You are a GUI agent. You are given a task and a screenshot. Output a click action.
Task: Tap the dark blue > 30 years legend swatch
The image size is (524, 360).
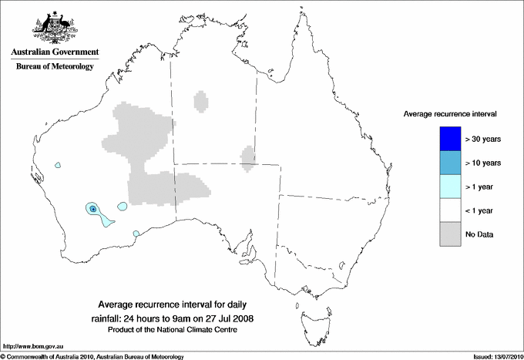[x=450, y=138]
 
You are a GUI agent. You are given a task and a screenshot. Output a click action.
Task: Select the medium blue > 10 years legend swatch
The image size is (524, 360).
[x=450, y=162]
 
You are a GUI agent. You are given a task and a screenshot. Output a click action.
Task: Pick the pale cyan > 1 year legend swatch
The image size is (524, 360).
[x=450, y=186]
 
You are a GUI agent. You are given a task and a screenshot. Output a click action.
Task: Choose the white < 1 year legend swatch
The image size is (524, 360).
[x=450, y=210]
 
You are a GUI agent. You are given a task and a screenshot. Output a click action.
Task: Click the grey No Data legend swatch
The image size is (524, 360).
[x=450, y=234]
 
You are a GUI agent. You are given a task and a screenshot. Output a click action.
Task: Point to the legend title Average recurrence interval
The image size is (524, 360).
[x=450, y=113]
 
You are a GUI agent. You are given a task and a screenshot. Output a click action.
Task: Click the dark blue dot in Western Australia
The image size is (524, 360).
[x=92, y=208]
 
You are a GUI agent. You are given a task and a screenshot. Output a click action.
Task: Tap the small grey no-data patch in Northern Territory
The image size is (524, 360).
[x=200, y=101]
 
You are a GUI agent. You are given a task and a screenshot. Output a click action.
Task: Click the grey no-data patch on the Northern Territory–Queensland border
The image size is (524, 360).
[x=248, y=157]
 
